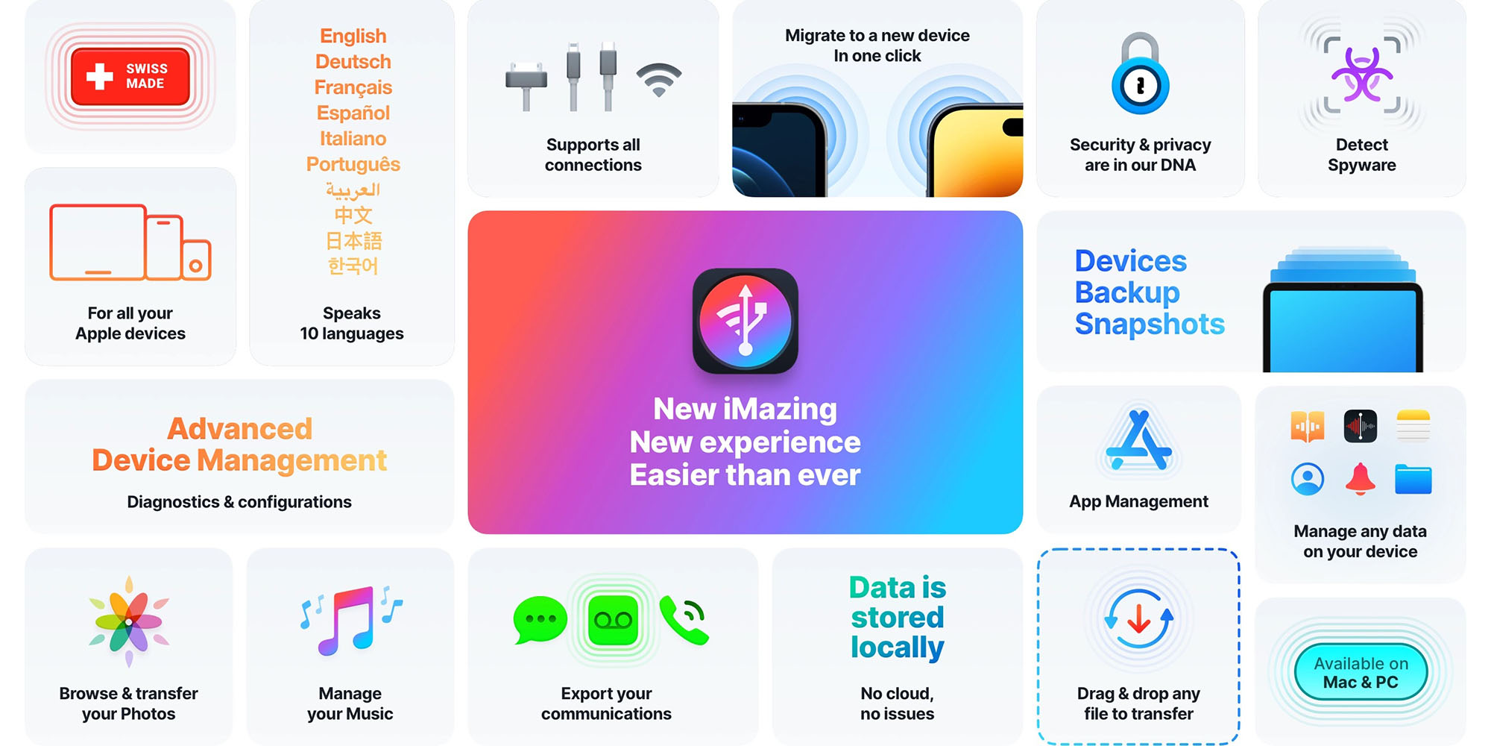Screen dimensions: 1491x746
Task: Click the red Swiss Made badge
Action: tap(130, 76)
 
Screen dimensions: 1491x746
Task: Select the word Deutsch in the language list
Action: tap(353, 62)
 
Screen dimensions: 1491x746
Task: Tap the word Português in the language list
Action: tap(353, 164)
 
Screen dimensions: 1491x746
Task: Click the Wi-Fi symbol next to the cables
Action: tap(659, 80)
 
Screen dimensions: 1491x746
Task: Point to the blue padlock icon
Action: tap(1140, 75)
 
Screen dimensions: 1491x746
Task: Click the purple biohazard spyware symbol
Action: tap(1362, 75)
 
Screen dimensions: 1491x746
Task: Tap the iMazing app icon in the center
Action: tap(745, 321)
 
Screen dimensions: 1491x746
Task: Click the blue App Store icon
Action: tap(1138, 442)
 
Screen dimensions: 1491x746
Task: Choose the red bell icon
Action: tap(1361, 478)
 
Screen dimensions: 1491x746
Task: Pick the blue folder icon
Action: tap(1413, 479)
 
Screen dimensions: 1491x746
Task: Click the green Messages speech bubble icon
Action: tap(540, 619)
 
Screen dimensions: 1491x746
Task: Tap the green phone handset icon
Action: tap(684, 620)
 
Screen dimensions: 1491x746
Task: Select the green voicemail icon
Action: tap(613, 620)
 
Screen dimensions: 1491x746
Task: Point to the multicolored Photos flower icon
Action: tap(129, 621)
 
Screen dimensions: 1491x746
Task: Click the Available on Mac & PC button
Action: tap(1361, 672)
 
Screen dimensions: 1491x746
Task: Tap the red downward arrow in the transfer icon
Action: tap(1138, 618)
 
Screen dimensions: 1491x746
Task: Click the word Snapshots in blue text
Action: tap(1150, 324)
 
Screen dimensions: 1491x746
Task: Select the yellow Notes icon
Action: tap(1413, 426)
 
